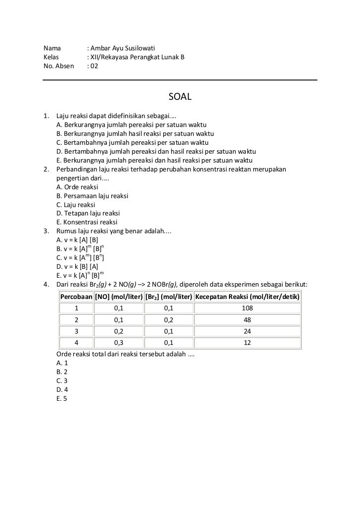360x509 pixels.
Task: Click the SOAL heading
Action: [180, 96]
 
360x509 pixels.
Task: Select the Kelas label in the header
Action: [51, 57]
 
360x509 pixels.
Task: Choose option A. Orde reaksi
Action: [78, 187]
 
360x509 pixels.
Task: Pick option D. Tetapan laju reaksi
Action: [88, 213]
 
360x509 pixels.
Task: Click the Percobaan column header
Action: [76, 297]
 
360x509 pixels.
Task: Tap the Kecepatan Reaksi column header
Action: [247, 297]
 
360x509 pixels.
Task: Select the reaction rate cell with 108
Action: [247, 308]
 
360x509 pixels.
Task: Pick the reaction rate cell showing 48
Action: [247, 320]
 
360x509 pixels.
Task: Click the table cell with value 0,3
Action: [119, 343]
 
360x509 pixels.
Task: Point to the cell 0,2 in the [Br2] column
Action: [169, 320]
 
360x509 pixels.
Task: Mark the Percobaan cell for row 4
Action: [76, 343]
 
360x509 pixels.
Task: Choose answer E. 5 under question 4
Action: [62, 399]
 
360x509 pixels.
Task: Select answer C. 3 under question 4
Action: [62, 381]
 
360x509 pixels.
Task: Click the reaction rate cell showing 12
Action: [247, 343]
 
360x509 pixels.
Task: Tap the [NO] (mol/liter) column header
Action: [119, 297]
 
